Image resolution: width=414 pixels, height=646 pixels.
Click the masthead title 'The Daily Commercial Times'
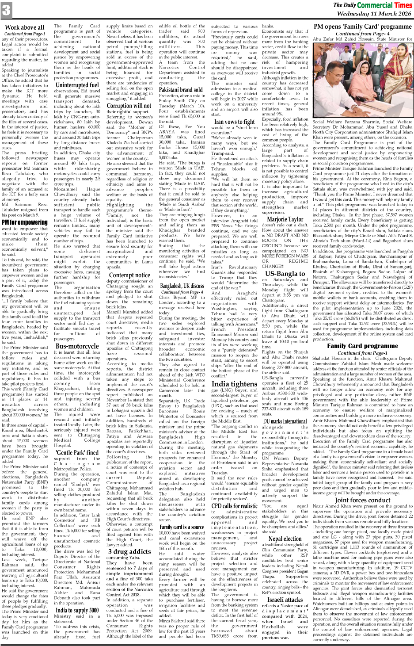pos(372,5)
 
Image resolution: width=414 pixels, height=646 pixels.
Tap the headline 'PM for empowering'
pos(24,222)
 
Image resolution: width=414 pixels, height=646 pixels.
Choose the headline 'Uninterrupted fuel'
pos(77,85)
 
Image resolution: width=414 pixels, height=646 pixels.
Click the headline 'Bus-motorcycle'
pos(77,346)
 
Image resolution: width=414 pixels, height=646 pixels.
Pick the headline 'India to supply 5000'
pos(77,610)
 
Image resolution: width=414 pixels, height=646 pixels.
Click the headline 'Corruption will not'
pos(129,106)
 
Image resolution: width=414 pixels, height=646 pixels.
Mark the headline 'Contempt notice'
pos(130,275)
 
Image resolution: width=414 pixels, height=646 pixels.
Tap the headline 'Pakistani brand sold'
pos(181,90)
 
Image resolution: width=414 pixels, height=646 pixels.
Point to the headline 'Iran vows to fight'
pos(234,122)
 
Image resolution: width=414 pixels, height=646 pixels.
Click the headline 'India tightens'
pos(234,384)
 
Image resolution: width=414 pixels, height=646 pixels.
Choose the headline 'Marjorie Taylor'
pos(285,219)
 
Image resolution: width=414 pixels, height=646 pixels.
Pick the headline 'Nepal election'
pos(285,539)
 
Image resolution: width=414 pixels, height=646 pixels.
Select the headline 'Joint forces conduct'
pos(362,501)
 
